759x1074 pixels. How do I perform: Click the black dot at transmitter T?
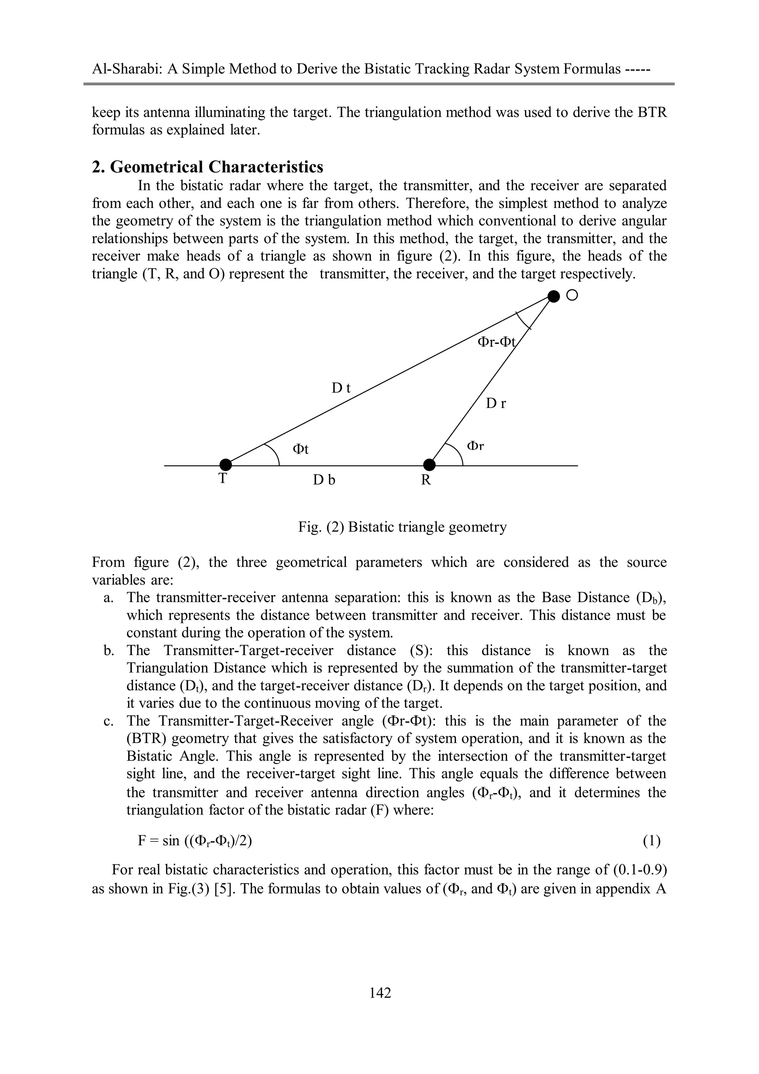pyautogui.click(x=225, y=465)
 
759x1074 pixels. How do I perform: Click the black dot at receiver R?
pyautogui.click(x=429, y=465)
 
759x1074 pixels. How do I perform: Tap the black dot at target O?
pyautogui.click(x=553, y=296)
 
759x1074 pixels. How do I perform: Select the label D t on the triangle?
pyautogui.click(x=341, y=388)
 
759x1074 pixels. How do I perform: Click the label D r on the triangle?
pyautogui.click(x=496, y=403)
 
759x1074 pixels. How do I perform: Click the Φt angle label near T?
pyautogui.click(x=300, y=449)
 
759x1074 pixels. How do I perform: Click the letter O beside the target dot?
pyautogui.click(x=571, y=295)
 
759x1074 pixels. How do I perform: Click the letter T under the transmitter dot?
pyautogui.click(x=223, y=479)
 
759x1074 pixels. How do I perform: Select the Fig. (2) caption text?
pyautogui.click(x=402, y=527)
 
